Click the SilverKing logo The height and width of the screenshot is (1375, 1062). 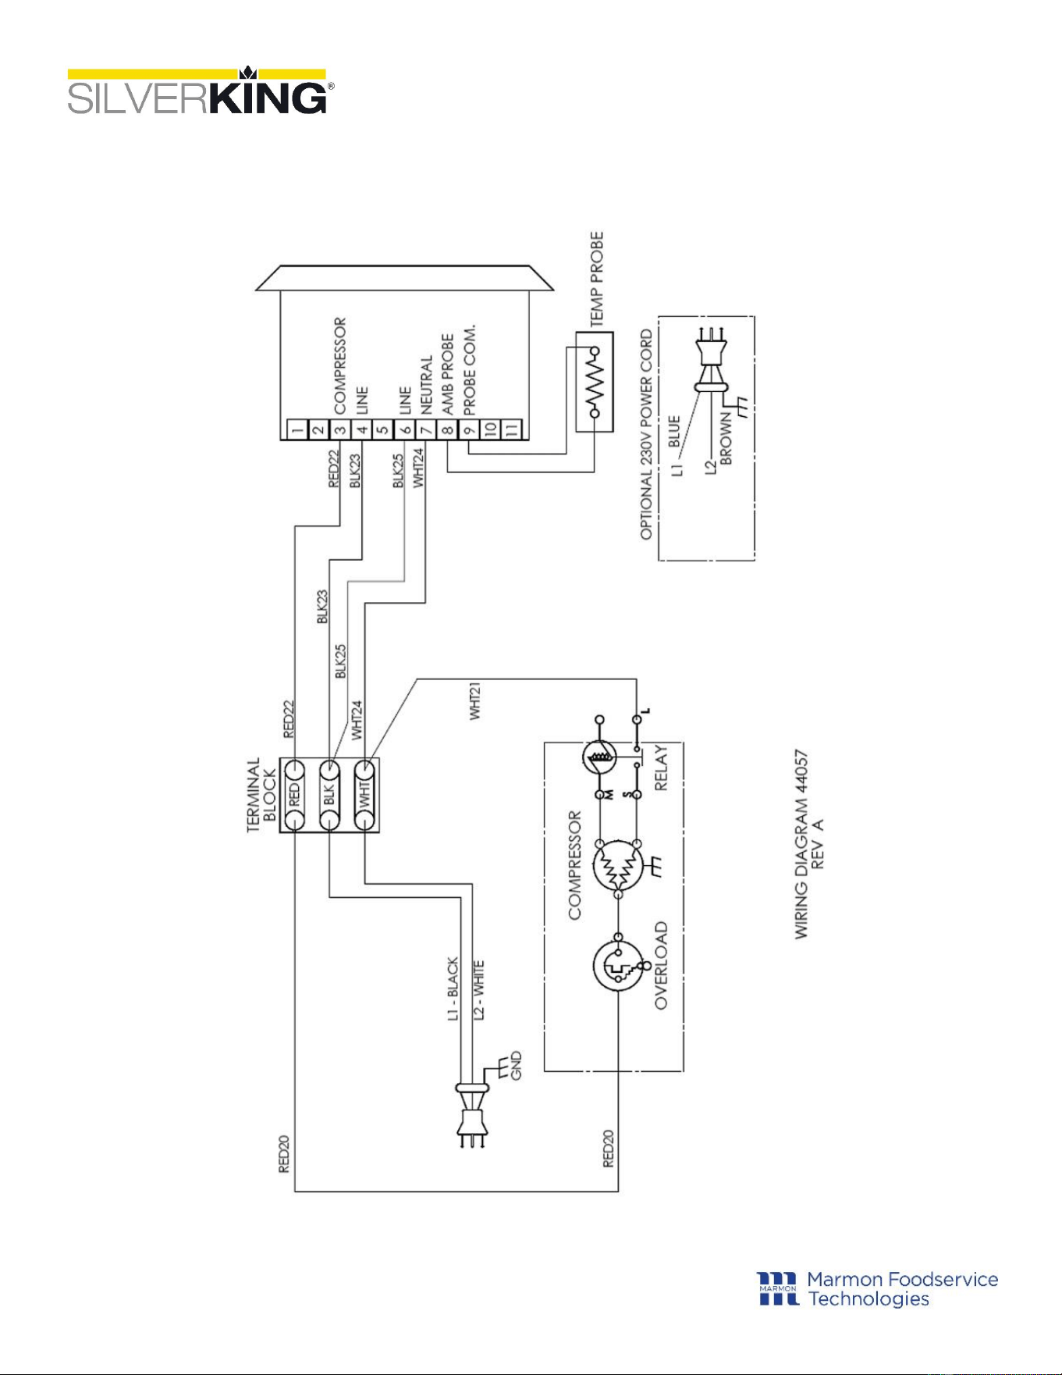coord(201,91)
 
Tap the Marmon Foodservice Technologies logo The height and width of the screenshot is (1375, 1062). coord(878,1288)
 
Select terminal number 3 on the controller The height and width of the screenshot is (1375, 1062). coord(339,429)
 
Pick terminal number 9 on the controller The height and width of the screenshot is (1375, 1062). coord(468,429)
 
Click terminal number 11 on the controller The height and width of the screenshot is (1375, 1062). coord(511,429)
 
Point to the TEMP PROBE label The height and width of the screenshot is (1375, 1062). coord(597,279)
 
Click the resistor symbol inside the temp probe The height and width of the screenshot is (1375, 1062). coord(595,382)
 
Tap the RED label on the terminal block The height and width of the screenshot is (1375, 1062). coord(294,796)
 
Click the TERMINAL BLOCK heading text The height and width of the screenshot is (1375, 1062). coord(261,795)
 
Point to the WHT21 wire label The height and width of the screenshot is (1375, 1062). coord(475,700)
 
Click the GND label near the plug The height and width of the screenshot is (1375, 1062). coord(516,1066)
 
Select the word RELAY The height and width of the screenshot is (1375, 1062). coord(661,768)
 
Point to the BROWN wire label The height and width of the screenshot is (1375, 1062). coord(726,439)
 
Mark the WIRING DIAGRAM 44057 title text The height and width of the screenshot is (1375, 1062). coord(801,845)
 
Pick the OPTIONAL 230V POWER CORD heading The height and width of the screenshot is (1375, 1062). coord(647,434)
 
